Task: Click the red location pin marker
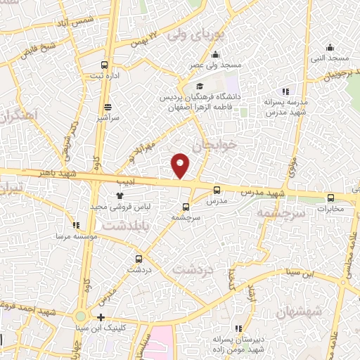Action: [181, 165]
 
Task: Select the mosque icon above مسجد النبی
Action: [330, 48]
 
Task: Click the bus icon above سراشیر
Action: [108, 108]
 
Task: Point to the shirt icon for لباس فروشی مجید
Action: [120, 196]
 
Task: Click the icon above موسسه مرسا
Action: [75, 225]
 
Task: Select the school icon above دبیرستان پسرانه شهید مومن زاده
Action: [238, 328]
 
